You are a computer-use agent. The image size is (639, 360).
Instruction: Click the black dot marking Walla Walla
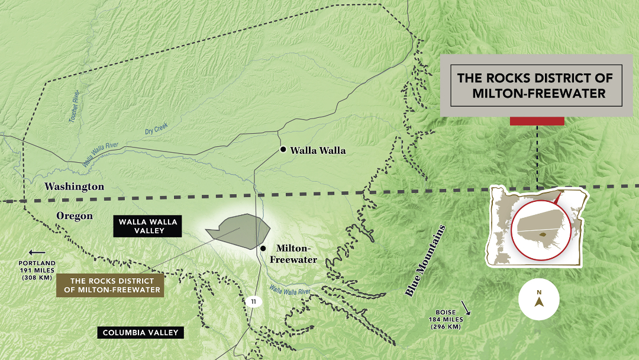pyautogui.click(x=283, y=150)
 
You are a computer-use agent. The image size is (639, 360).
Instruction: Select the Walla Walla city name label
pyautogui.click(x=318, y=150)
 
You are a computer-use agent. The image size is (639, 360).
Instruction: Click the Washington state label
pyautogui.click(x=75, y=187)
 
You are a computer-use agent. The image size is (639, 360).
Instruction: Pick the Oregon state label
pyautogui.click(x=75, y=216)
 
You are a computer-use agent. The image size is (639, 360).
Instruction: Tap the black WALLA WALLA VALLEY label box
pyautogui.click(x=147, y=226)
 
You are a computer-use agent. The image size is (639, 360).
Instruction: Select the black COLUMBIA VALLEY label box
pyautogui.click(x=140, y=333)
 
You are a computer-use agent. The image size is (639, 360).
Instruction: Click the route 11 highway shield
pyautogui.click(x=253, y=301)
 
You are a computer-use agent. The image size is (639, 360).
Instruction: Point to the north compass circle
pyautogui.click(x=539, y=299)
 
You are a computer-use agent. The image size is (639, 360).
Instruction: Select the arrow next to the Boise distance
pyautogui.click(x=467, y=308)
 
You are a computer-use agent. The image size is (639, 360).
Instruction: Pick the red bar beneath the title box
pyautogui.click(x=537, y=121)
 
